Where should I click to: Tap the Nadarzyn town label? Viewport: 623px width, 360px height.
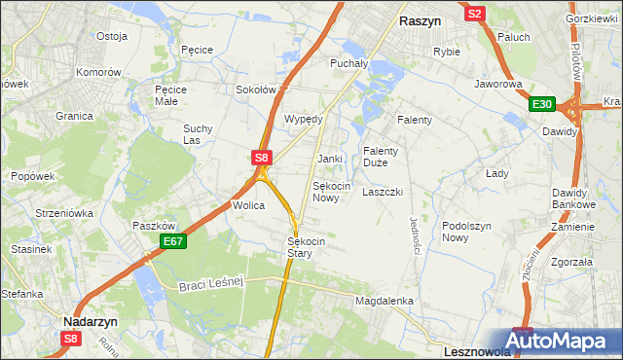point(91,320)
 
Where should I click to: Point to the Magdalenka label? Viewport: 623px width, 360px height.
point(385,302)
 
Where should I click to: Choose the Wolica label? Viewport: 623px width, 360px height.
point(248,205)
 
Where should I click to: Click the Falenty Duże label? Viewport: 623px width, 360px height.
point(381,157)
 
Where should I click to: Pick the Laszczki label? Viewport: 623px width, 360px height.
point(383,192)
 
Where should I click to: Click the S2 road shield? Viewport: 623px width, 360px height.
point(474,14)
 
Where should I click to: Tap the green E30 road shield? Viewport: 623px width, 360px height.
point(542,105)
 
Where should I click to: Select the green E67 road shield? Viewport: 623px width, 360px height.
point(172,241)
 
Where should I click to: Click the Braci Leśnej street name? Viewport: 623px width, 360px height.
point(210,283)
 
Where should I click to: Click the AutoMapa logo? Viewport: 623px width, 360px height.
point(566,341)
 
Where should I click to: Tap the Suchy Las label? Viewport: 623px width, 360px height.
point(198,134)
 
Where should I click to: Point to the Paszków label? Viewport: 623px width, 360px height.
point(152,225)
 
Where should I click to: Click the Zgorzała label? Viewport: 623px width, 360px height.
point(571,262)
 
